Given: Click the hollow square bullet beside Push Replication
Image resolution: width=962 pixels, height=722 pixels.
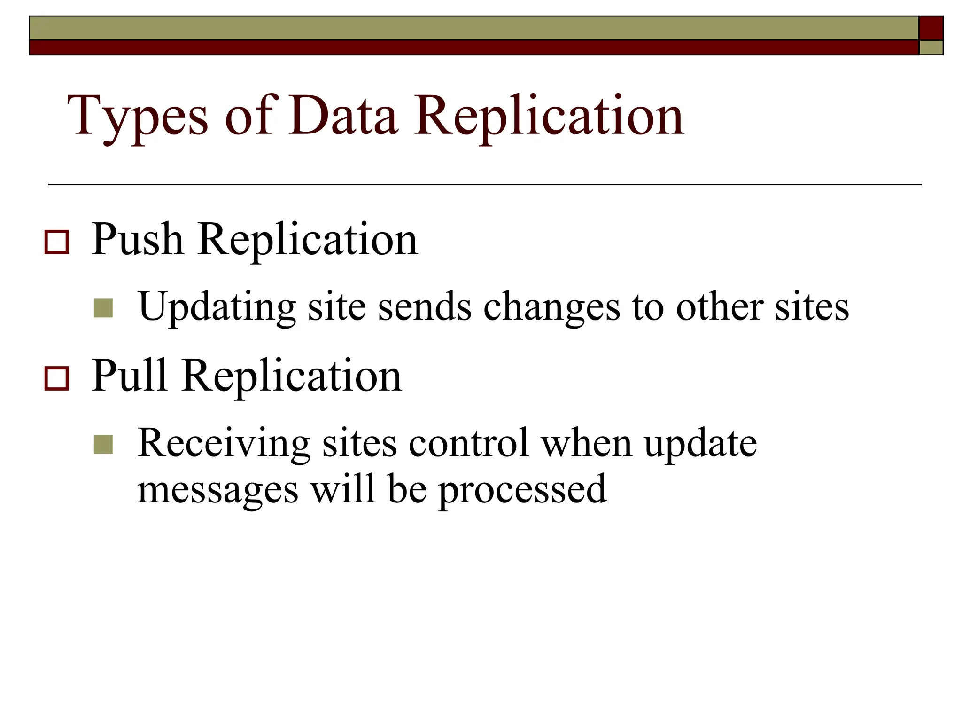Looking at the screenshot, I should (x=57, y=242).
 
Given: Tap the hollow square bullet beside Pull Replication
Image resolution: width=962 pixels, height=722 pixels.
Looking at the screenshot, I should (x=57, y=378).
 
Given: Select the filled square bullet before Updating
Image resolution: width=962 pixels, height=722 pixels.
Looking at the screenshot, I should (x=103, y=308).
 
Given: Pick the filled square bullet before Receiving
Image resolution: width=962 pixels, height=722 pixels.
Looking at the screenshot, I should (x=103, y=444).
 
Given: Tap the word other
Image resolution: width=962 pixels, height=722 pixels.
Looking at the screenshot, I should (x=719, y=306).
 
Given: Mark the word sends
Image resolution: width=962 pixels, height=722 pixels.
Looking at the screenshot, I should (x=425, y=306).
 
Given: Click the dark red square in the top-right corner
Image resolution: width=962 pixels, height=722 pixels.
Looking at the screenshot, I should (x=931, y=28).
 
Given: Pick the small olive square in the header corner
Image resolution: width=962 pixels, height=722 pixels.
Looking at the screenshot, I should (x=931, y=47).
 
